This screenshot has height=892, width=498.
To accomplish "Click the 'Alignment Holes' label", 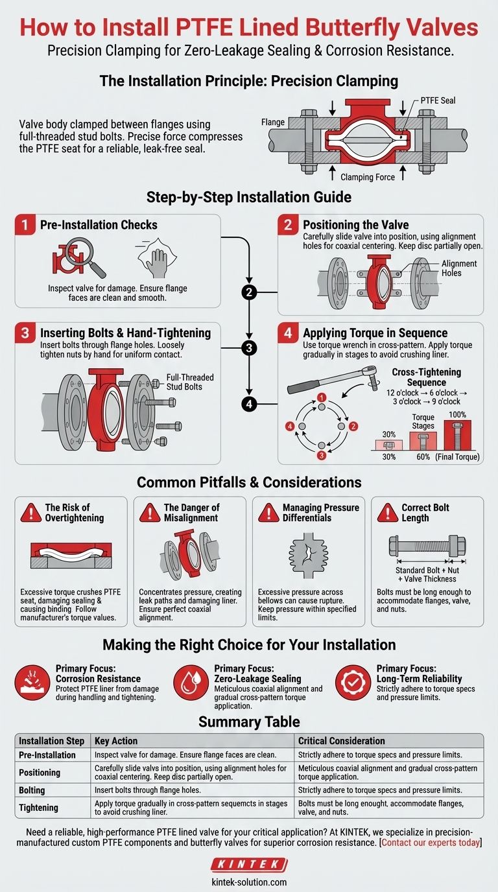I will tap(459, 268).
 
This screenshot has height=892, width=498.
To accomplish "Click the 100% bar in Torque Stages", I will tap(457, 434).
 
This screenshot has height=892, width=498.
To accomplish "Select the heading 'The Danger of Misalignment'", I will tap(191, 512).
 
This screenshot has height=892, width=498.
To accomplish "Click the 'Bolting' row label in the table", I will tap(33, 790).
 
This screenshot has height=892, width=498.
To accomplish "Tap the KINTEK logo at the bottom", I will tap(249, 865).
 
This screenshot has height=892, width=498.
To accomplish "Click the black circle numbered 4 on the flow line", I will tap(249, 405).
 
